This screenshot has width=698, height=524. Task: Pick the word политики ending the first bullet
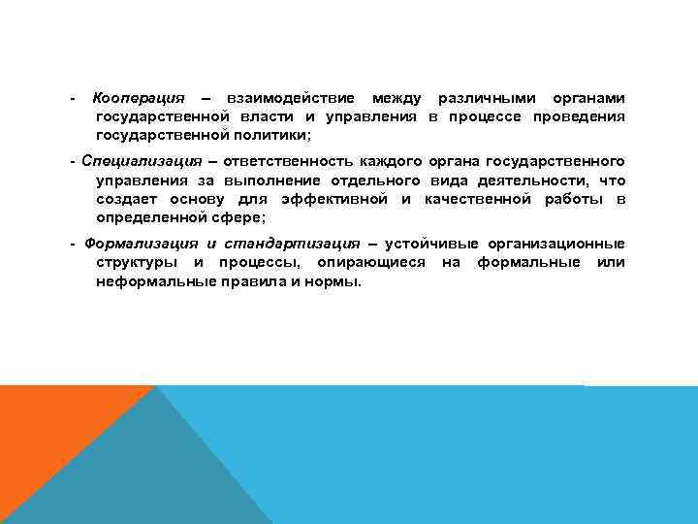click(270, 136)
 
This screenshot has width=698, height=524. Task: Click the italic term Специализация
click(142, 161)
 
